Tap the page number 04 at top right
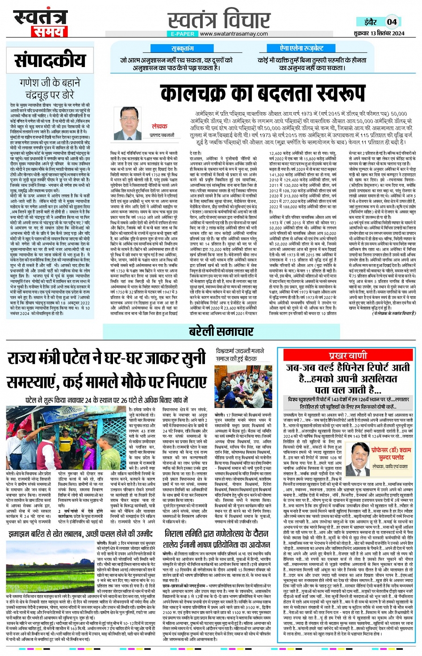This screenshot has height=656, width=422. tap(392, 21)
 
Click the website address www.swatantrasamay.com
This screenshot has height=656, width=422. tap(234, 34)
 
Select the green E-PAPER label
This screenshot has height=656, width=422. tap(182, 34)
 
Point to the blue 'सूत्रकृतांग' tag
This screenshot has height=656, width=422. tap(183, 48)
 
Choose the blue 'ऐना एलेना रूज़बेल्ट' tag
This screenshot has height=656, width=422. tap(302, 48)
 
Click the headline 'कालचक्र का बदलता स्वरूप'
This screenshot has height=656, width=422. tap(263, 94)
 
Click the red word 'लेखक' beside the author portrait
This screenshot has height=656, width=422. tap(159, 126)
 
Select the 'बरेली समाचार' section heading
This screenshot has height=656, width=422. tap(221, 331)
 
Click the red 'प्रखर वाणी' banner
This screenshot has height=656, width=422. tap(348, 355)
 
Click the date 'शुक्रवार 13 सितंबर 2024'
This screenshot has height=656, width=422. tap(379, 34)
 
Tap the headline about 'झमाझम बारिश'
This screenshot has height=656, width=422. tap(80, 534)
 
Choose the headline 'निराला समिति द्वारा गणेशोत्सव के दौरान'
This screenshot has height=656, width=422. tap(217, 534)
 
